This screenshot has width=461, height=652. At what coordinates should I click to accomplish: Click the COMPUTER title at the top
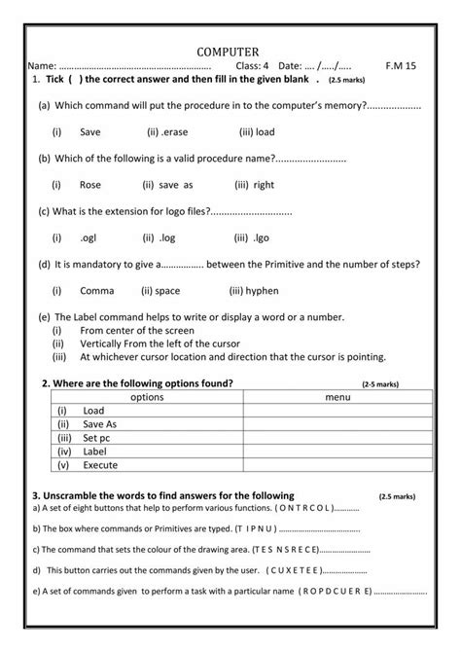228,50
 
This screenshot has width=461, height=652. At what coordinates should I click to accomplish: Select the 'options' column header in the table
146,397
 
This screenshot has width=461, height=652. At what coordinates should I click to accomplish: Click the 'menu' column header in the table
337,397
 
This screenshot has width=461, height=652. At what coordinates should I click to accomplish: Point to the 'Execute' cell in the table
100,465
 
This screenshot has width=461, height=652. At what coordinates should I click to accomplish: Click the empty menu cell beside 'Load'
337,411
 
